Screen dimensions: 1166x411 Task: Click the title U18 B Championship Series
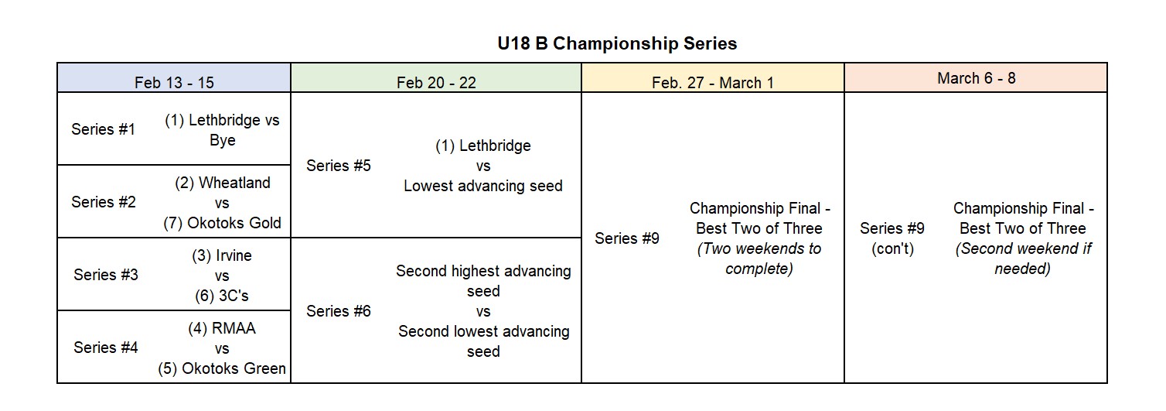coord(617,43)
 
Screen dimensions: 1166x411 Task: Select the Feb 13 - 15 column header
coord(174,82)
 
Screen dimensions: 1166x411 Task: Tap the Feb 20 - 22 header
coord(436,82)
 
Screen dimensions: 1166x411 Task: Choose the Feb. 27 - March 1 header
coord(713,82)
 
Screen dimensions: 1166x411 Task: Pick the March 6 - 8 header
coord(976,78)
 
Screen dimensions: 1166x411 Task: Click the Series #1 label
coord(103,129)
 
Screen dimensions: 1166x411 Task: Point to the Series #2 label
coord(103,202)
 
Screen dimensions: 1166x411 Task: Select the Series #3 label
coord(106,275)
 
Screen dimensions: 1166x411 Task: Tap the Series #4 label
coord(106,348)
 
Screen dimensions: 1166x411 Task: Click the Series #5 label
coord(339,166)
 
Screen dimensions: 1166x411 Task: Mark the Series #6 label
coord(339,311)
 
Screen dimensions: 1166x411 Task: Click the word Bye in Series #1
coord(222,141)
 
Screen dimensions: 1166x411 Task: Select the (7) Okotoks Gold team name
coord(222,223)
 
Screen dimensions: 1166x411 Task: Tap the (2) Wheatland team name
coord(222,183)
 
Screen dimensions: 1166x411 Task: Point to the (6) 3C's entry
coord(222,296)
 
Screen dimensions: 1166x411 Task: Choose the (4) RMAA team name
coord(222,328)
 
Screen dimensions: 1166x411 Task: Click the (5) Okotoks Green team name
coord(222,368)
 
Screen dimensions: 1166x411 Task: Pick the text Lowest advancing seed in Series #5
coord(483,186)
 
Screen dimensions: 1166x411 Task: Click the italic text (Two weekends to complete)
coord(759,259)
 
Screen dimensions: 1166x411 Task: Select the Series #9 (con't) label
coord(892,238)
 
